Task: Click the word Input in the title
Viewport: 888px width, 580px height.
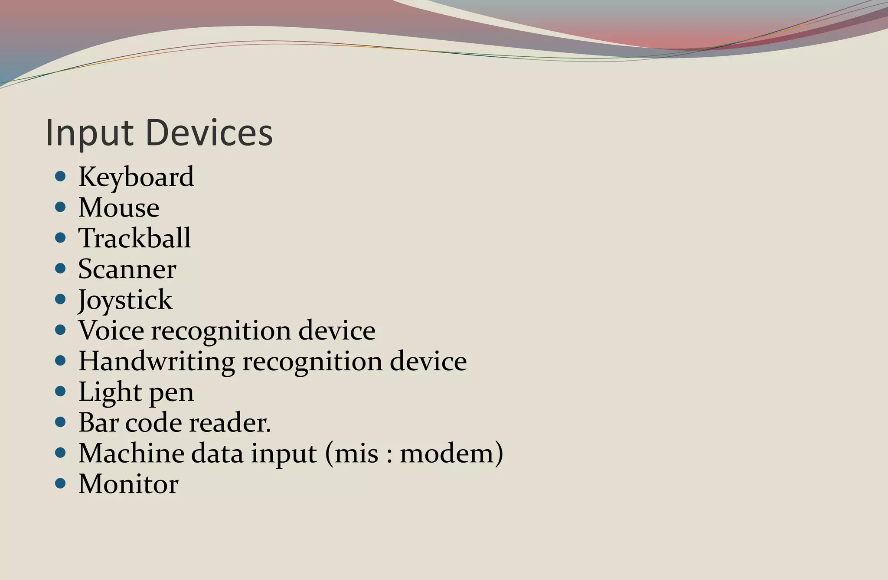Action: pos(89,133)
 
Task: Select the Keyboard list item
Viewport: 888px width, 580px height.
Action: pos(136,177)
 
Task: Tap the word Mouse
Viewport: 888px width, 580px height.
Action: pos(119,207)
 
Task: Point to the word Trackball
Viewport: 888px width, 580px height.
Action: pos(134,238)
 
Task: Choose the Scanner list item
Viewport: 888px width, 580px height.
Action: pos(127,269)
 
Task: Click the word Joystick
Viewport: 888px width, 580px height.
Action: pos(125,300)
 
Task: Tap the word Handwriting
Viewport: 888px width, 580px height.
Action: pos(157,362)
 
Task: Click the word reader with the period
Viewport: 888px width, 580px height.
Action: pos(230,423)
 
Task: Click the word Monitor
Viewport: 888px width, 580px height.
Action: pos(128,484)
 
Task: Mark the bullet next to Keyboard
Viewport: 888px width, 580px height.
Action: pos(61,176)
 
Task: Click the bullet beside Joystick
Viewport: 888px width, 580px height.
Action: pos(61,299)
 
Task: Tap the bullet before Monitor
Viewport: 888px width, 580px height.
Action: pos(61,483)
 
